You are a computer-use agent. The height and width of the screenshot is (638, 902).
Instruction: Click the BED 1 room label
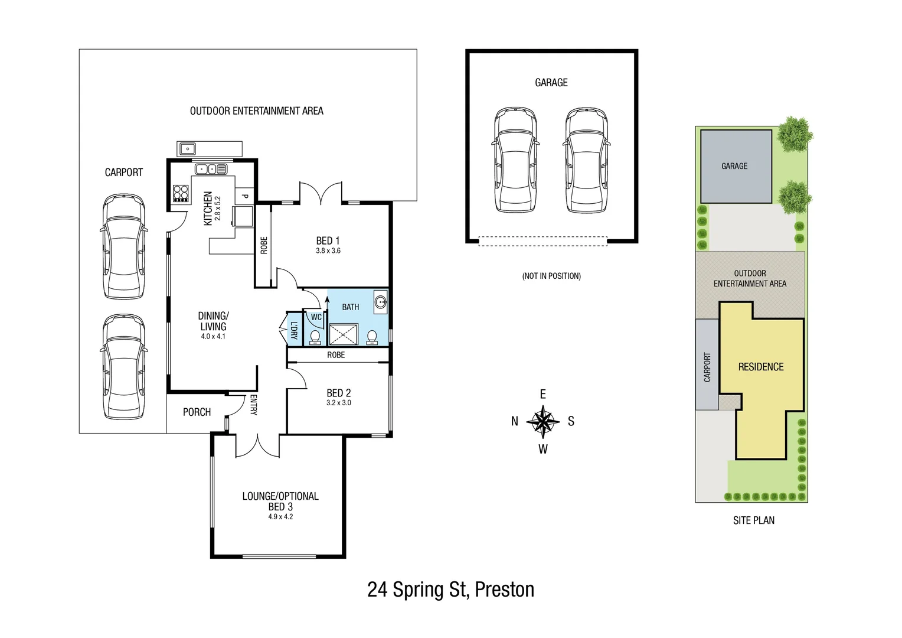[x=328, y=240]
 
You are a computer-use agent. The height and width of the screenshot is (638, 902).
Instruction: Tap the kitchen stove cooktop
[x=181, y=194]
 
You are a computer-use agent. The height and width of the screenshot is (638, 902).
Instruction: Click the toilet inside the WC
[x=315, y=337]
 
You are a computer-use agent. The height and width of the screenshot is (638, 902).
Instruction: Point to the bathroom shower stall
[x=344, y=334]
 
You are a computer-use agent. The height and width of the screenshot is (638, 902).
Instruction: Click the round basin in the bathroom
[x=381, y=302]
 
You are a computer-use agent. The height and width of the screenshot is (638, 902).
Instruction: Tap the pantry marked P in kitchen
[x=245, y=196]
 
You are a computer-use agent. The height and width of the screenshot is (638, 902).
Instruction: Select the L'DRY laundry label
[x=293, y=330]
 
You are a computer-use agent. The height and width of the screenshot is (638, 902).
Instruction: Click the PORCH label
[x=197, y=412]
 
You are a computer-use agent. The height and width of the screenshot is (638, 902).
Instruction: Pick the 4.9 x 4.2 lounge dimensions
[x=280, y=516]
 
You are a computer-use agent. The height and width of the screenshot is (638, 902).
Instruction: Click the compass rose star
[x=543, y=421]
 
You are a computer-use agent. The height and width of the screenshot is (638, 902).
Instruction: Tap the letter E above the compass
[x=543, y=394]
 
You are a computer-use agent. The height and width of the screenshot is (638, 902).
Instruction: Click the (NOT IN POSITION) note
[x=551, y=276]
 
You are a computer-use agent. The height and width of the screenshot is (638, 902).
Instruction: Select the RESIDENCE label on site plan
[x=761, y=367]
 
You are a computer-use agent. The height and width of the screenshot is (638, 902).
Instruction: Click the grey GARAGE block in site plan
[x=736, y=167]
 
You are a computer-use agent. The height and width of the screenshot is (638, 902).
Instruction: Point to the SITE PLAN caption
[x=754, y=520]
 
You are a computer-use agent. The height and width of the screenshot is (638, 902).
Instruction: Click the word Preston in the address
[x=504, y=590]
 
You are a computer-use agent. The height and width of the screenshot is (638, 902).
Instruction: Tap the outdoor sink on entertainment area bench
[x=188, y=148]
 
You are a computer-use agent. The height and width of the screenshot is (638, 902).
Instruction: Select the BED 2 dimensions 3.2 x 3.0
[x=338, y=403]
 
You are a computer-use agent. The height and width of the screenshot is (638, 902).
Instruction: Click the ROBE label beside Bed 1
[x=264, y=245]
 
